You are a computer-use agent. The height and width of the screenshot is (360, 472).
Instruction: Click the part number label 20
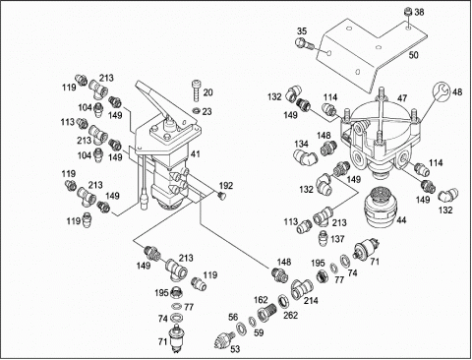(x=207, y=92)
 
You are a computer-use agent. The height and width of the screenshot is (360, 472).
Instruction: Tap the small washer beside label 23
(x=196, y=110)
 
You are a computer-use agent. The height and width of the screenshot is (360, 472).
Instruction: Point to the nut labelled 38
(x=408, y=13)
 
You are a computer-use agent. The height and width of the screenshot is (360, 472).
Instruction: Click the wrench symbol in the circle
(x=441, y=90)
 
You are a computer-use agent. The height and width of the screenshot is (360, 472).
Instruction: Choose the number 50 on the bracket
(x=413, y=55)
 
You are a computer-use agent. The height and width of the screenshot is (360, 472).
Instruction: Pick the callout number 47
(x=402, y=98)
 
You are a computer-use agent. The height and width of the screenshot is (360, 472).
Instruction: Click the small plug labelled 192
(x=222, y=196)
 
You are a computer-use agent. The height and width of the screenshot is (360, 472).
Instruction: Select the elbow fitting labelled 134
(x=306, y=156)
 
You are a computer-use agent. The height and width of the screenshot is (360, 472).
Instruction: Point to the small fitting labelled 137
(x=324, y=237)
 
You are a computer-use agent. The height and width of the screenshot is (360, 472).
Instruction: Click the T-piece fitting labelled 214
(x=302, y=288)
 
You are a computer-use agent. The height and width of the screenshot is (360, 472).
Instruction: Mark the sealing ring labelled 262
(x=282, y=301)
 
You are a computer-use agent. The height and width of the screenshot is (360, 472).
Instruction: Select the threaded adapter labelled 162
(x=266, y=313)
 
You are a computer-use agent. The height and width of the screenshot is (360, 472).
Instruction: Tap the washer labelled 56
(x=241, y=328)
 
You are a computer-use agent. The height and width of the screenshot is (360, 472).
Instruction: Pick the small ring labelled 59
(x=252, y=322)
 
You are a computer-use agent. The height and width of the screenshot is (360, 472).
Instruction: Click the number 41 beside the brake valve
(x=196, y=153)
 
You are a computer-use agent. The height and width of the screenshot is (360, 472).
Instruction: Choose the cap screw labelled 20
(x=196, y=90)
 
